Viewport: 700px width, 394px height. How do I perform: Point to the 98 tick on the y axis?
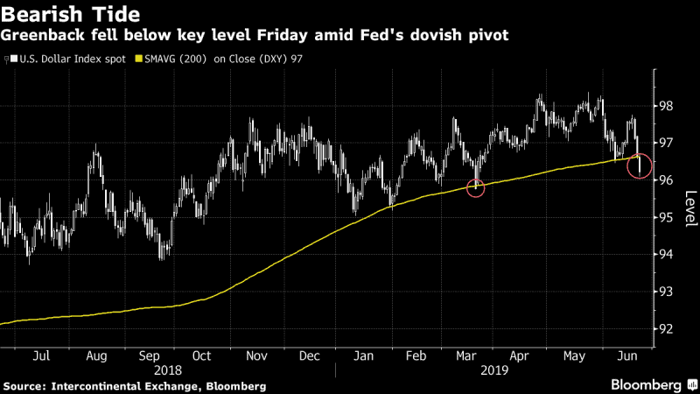pos(667,106)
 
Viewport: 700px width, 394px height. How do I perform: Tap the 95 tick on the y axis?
pos(667,217)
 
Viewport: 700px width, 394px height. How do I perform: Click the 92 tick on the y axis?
pos(667,329)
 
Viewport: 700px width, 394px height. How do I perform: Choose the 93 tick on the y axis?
pos(667,292)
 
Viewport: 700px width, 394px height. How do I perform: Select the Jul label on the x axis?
pos(42,356)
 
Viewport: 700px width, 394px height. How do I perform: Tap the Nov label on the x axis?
pos(256,356)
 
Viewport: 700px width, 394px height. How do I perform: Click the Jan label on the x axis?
pos(364,356)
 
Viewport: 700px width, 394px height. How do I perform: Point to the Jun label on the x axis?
pos(627,356)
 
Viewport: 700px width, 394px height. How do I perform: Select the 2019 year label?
pos(494,370)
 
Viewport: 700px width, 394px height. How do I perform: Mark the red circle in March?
pos(475,188)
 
